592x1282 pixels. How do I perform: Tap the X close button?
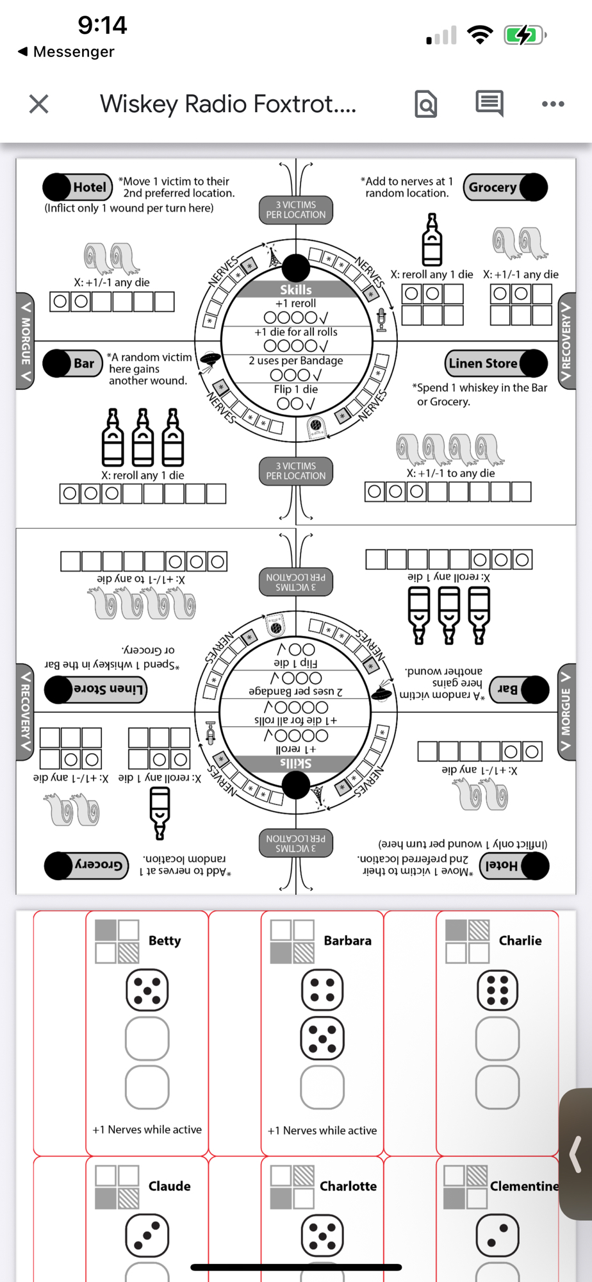point(39,104)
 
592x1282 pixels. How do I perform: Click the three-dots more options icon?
point(553,104)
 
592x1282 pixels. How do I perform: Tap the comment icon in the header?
point(489,103)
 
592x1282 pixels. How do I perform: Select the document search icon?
point(426,104)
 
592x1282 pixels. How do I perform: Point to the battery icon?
point(525,35)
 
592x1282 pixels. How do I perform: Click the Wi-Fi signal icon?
point(481,35)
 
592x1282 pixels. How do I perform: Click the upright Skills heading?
point(296,290)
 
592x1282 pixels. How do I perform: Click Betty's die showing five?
point(147,990)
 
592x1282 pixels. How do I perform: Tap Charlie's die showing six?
point(497,990)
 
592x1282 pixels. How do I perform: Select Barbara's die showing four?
point(322,990)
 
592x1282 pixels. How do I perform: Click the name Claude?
point(169,1186)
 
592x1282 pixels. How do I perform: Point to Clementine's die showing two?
point(497,1235)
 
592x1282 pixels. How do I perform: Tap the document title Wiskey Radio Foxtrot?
point(228,104)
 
